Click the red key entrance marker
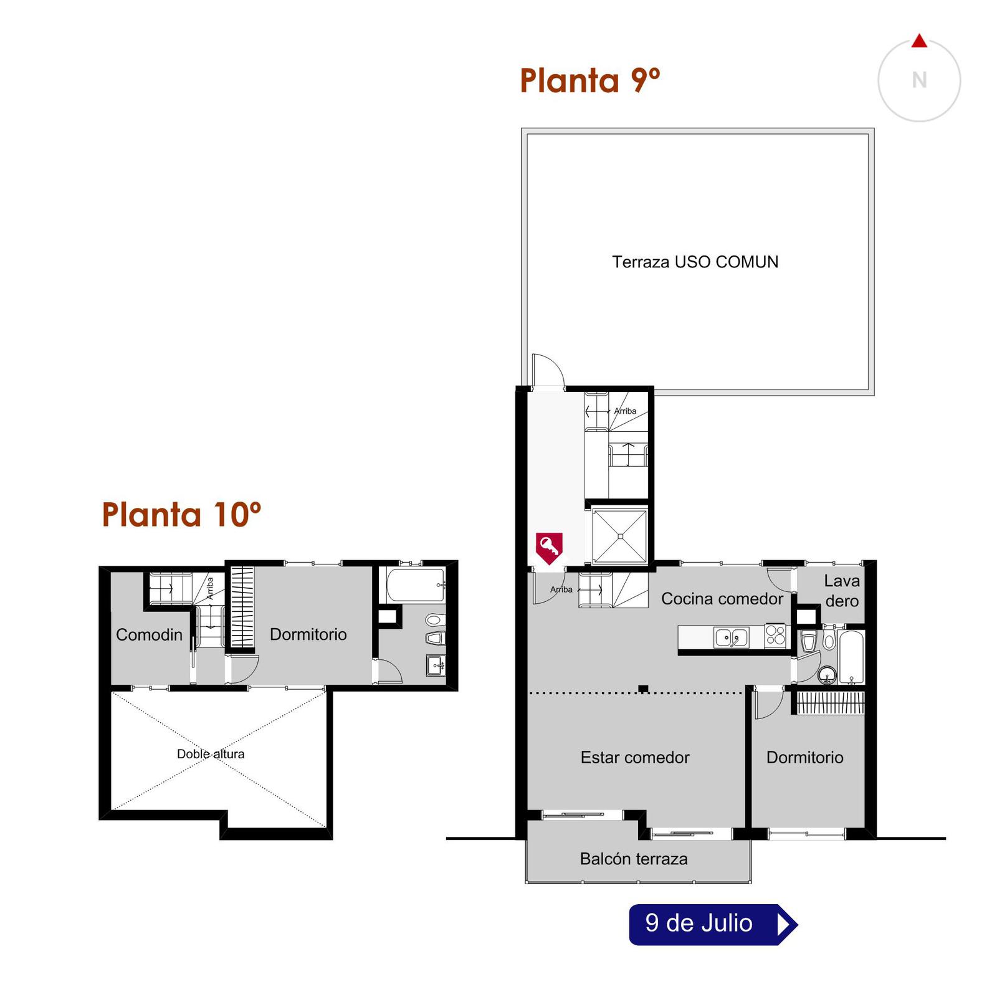549,548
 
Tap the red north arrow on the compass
919,41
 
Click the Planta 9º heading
589,80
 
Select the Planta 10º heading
181,515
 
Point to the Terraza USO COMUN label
695,262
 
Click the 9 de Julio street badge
713,924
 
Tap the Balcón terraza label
634,859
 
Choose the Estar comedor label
635,757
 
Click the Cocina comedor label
722,599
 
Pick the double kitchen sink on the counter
731,638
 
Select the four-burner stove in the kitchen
775,636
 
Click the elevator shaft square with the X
620,536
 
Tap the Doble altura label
211,754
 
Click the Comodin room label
149,635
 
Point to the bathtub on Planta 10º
415,585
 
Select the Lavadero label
841,591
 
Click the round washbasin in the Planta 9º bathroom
827,674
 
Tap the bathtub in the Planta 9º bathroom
851,657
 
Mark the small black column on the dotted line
643,689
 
